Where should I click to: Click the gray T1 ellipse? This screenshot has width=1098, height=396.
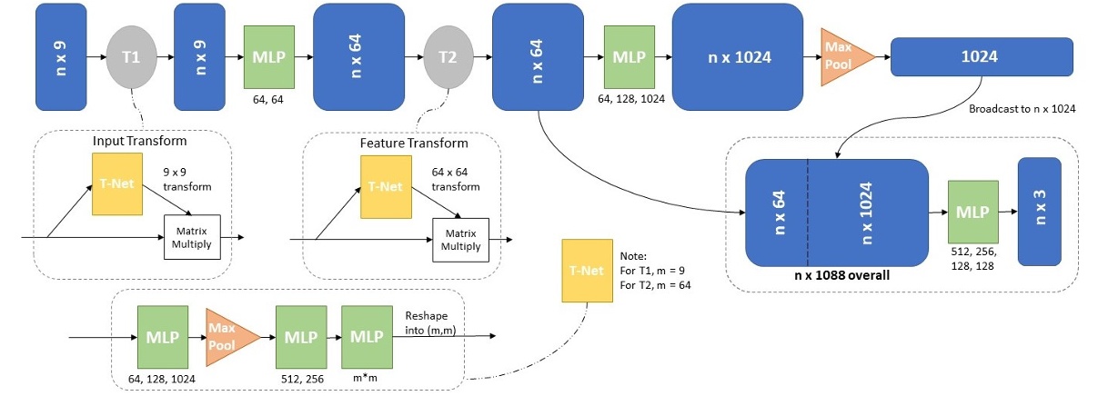click(132, 56)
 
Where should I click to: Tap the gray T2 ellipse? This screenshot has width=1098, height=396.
click(448, 56)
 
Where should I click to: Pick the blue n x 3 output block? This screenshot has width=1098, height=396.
click(1039, 212)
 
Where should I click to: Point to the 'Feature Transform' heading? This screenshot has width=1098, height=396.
click(414, 143)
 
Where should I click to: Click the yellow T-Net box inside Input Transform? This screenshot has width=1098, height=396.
click(117, 183)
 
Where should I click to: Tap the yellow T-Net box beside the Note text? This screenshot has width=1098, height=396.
click(587, 269)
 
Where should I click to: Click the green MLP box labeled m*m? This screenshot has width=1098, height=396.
click(367, 336)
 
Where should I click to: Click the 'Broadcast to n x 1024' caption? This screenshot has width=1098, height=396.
click(1023, 109)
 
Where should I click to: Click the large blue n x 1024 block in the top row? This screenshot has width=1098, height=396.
click(739, 56)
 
